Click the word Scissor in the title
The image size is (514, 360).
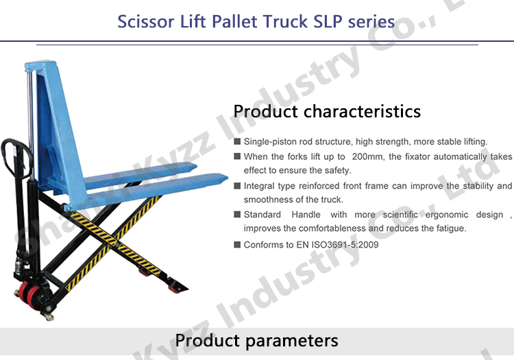click(141, 21)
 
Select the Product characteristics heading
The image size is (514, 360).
click(327, 111)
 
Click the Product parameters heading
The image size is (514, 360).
click(256, 340)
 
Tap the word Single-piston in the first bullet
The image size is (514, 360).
click(272, 141)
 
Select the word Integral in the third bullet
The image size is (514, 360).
click(260, 186)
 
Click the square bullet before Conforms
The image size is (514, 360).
click(237, 244)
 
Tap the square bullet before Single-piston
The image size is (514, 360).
click(237, 141)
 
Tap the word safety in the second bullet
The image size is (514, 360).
click(336, 170)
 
